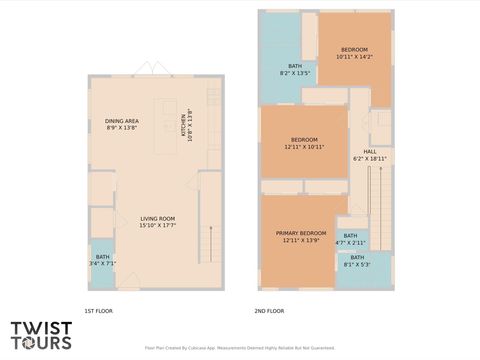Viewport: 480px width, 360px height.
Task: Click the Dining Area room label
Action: click(x=122, y=125)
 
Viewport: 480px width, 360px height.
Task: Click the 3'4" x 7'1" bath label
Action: click(x=103, y=260)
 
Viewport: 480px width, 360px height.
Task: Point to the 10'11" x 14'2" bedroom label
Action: click(x=354, y=53)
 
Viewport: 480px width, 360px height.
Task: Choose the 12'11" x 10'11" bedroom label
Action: click(x=304, y=142)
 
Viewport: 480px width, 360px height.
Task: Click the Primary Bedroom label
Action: click(x=300, y=236)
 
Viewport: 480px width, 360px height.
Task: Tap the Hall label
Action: click(x=370, y=155)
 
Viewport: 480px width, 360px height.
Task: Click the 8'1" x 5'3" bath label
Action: click(x=357, y=261)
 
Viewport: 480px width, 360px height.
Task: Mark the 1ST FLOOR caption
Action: click(x=98, y=311)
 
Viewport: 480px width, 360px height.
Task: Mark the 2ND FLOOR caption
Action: click(x=269, y=311)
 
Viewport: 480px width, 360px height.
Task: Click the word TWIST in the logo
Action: click(x=41, y=328)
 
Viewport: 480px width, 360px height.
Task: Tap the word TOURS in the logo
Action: click(x=41, y=343)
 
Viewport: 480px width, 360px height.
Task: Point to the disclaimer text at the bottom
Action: click(x=240, y=348)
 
